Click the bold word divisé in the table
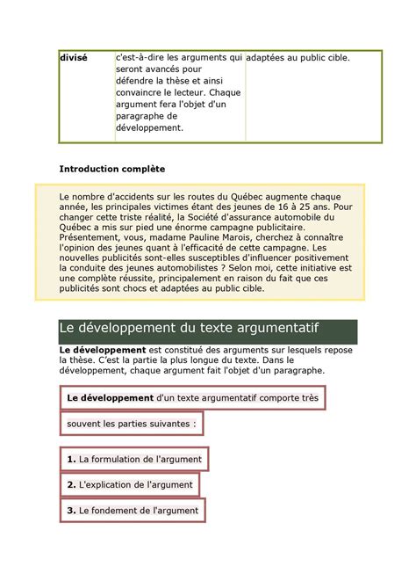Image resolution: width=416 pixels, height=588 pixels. coord(73,58)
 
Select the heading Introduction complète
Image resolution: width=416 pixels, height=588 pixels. coord(111,168)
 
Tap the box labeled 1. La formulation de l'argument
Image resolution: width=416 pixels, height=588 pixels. coord(134,459)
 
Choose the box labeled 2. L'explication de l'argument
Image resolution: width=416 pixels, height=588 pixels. coord(130,484)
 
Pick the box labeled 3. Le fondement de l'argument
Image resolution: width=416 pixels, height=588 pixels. coord(133,510)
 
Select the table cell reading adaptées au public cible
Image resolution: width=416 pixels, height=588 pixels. coord(298,58)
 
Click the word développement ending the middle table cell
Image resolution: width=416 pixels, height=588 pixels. coord(149,127)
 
